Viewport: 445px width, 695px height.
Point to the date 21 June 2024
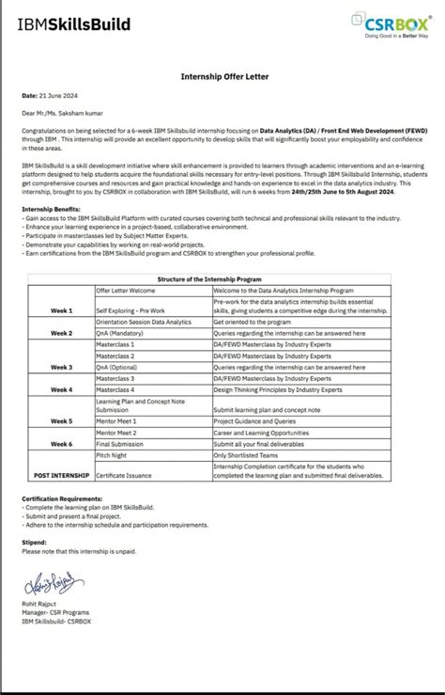[50, 96]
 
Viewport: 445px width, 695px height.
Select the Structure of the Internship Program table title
[222, 254]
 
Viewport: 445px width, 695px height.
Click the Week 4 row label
[61, 389]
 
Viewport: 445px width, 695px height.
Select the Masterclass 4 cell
[116, 389]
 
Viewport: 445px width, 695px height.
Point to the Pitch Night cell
[114, 454]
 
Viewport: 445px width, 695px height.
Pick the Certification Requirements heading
[62, 498]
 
